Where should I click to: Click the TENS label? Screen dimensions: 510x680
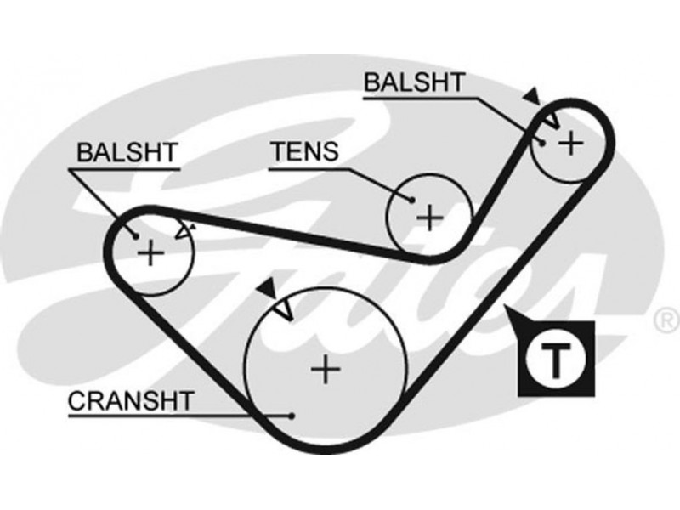[304, 152]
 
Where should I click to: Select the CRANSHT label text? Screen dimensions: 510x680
[130, 399]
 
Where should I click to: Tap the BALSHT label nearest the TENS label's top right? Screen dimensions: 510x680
[413, 83]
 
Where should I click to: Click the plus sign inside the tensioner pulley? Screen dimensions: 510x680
[430, 218]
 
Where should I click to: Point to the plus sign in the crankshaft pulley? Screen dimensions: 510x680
[325, 368]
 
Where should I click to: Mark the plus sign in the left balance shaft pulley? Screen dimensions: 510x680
[150, 252]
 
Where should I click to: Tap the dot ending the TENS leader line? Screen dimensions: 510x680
[411, 201]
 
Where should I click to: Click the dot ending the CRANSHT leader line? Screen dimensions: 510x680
[292, 416]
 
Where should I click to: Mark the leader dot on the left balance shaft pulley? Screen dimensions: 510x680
[133, 234]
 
